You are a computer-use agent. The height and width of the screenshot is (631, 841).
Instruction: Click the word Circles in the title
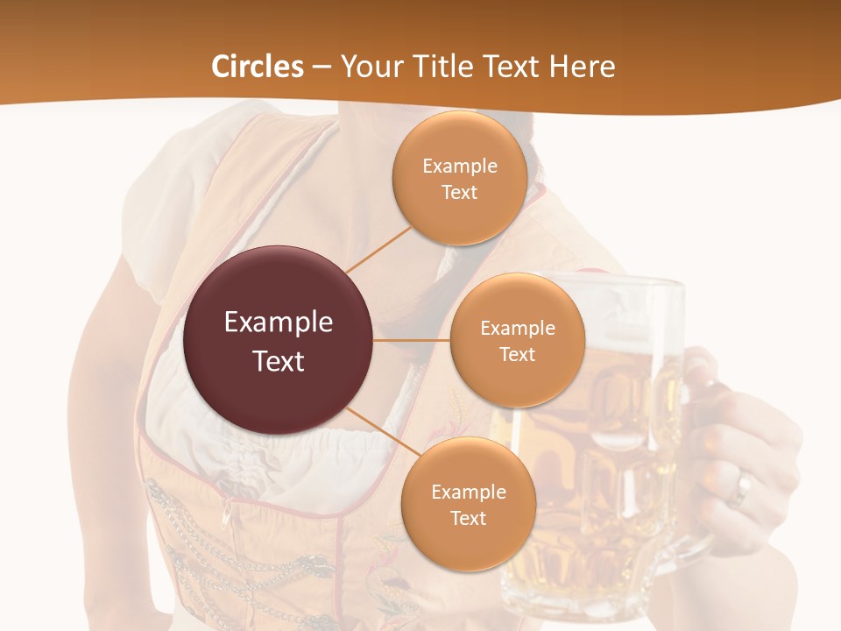(x=257, y=67)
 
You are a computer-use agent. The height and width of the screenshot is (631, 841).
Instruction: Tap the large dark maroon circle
(x=278, y=340)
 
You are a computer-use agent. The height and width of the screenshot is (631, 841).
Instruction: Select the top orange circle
(x=459, y=179)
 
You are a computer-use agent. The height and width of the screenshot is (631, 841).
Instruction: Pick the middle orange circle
(x=517, y=340)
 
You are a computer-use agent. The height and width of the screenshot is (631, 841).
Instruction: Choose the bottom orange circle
(x=468, y=504)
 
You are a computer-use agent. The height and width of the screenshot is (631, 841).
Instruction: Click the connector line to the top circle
(x=378, y=249)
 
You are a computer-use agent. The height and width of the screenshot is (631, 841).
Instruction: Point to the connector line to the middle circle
(x=412, y=340)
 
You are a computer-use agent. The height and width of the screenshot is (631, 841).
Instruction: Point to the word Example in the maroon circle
(x=278, y=323)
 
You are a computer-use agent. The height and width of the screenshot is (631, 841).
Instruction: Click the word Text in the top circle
(x=459, y=193)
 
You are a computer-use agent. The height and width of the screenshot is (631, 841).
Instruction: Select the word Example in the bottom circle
(x=468, y=492)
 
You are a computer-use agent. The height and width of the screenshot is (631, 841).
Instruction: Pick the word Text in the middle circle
(x=517, y=354)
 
